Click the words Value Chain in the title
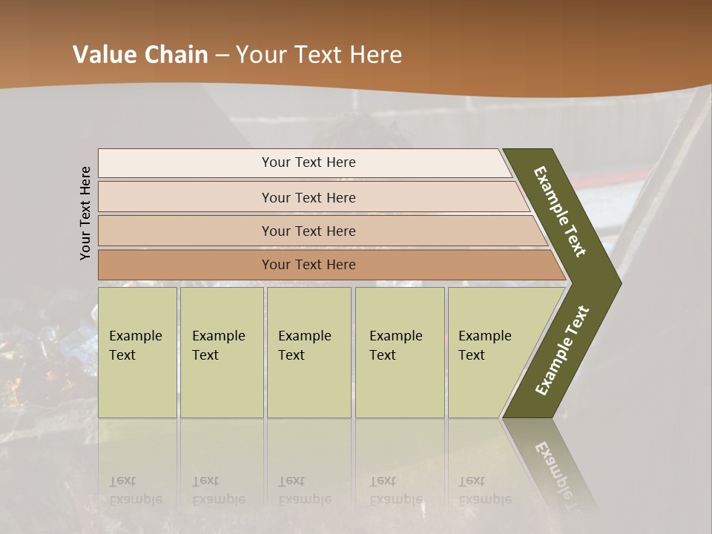tap(140, 55)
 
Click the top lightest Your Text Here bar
tap(308, 162)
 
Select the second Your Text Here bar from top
tap(308, 197)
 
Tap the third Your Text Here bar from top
tap(308, 231)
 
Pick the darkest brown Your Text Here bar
tap(308, 265)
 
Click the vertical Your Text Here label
tap(85, 213)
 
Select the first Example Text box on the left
tap(137, 352)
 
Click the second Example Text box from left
tap(221, 352)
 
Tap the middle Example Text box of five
tap(309, 352)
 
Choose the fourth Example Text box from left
tap(399, 352)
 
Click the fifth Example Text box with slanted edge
tap(489, 352)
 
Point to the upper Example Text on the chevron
tap(560, 211)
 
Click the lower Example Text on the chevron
tap(562, 350)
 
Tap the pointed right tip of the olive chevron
tap(619, 283)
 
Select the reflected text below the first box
tap(135, 490)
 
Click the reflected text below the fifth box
tap(484, 490)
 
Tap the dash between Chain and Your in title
tap(221, 56)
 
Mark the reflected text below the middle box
tap(304, 490)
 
